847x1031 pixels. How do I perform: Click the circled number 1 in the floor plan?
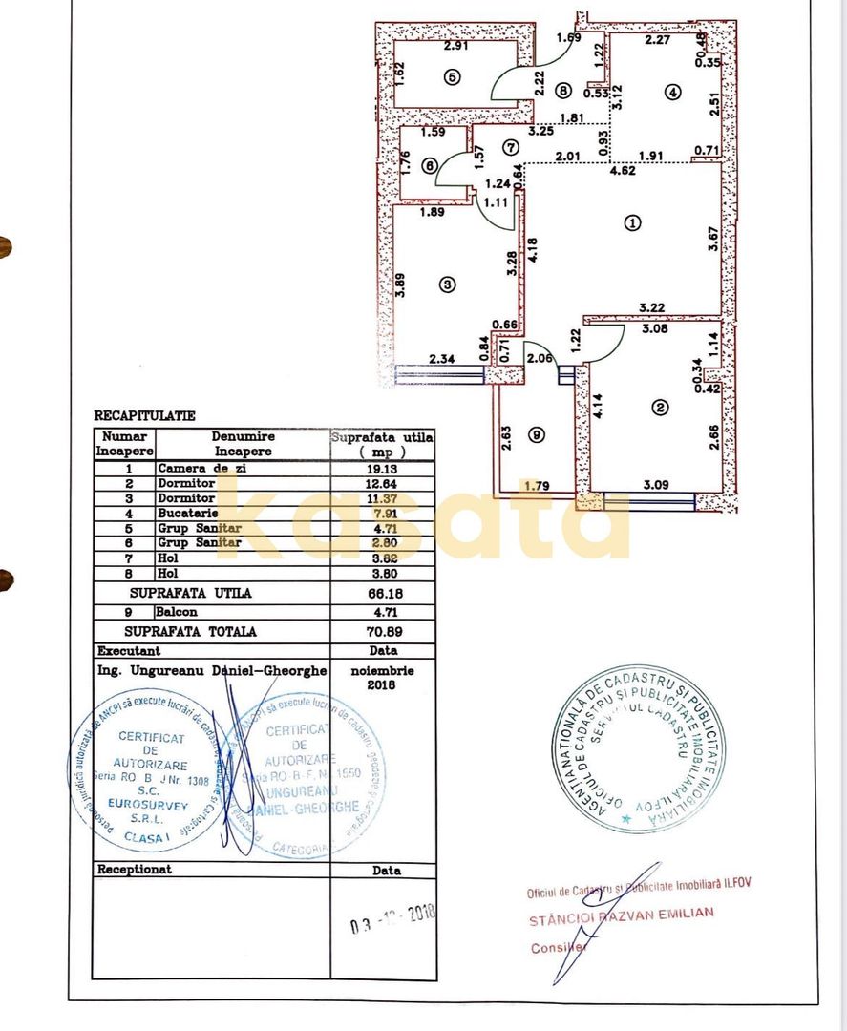coord(631,222)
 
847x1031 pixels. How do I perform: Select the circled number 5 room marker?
coord(453,78)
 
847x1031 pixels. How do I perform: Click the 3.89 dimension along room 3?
coord(401,286)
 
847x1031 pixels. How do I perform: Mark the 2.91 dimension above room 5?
coord(457,44)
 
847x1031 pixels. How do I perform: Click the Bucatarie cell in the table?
coord(187,512)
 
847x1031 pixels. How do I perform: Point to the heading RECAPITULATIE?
coord(144,416)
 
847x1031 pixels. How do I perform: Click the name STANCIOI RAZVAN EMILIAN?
coord(622,914)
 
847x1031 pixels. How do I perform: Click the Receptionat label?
coord(135,870)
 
